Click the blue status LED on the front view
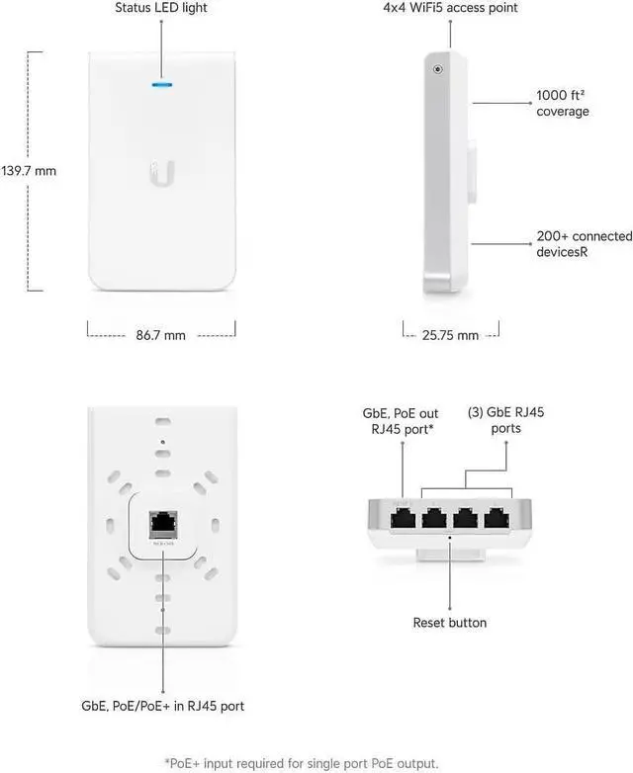pyautogui.click(x=160, y=84)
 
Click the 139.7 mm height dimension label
pyautogui.click(x=29, y=170)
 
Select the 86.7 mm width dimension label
pyautogui.click(x=160, y=335)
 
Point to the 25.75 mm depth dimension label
pyautogui.click(x=450, y=335)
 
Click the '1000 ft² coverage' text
pyautogui.click(x=562, y=103)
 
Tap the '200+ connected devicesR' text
pyautogui.click(x=584, y=243)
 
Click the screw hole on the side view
pyautogui.click(x=437, y=69)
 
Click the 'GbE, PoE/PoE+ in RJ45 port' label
pyautogui.click(x=162, y=706)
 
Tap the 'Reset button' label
pyautogui.click(x=449, y=623)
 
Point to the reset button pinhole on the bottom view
pyautogui.click(x=450, y=538)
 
